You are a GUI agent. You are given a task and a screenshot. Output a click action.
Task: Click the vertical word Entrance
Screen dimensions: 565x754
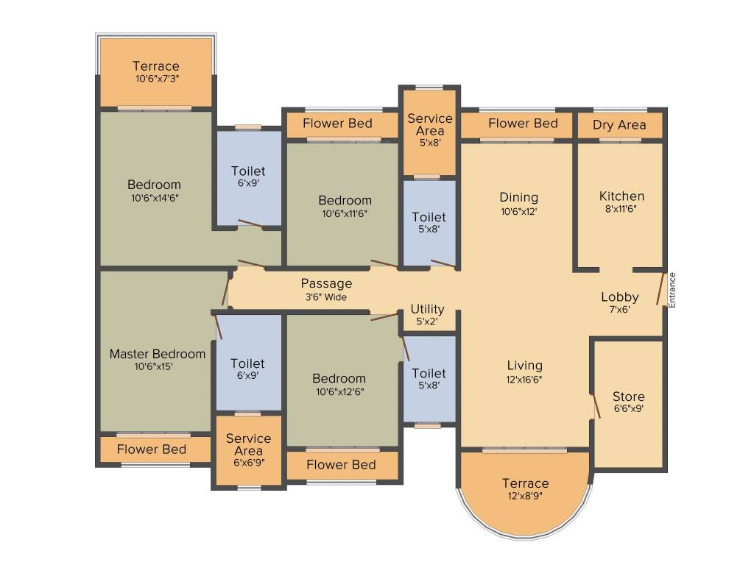point(672,290)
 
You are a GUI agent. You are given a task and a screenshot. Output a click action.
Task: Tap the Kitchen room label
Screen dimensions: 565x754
point(621,196)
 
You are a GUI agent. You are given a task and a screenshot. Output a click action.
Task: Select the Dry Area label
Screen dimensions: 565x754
point(619,125)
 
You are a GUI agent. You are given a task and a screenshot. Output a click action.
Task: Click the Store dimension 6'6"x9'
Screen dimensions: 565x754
point(628,409)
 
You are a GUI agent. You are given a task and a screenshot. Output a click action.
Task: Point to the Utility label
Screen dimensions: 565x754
point(427,309)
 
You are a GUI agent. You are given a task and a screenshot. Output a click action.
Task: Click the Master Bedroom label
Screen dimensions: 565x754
point(158,354)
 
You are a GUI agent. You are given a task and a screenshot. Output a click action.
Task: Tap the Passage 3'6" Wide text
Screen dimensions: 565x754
point(326,297)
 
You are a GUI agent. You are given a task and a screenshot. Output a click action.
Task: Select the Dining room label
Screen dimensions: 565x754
point(518,197)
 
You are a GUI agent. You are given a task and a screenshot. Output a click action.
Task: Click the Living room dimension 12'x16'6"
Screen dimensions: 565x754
point(524,380)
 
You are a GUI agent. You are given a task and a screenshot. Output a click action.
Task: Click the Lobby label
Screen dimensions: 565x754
point(619,297)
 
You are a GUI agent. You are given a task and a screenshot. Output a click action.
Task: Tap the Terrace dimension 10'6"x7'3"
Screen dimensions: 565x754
point(156,79)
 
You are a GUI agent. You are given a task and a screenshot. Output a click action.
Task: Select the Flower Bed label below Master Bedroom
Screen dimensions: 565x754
point(152,449)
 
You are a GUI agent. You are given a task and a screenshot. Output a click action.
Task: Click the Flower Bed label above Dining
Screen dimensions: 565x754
point(523,123)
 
